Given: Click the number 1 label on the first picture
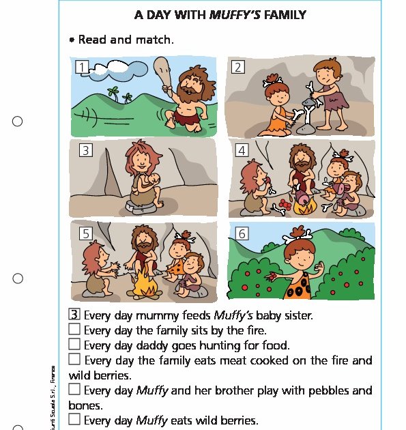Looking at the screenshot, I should tap(82, 67).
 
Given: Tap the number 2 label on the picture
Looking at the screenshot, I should tap(237, 67).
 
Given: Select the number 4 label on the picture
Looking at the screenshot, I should tap(242, 150).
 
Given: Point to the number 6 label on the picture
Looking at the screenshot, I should tap(242, 234).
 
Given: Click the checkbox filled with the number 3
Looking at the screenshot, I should tap(75, 315).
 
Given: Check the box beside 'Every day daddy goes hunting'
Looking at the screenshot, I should tap(75, 344).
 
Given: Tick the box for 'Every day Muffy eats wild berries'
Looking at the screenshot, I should tap(75, 419).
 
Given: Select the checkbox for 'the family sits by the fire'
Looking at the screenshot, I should tap(75, 330).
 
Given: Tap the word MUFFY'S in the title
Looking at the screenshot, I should tap(234, 14).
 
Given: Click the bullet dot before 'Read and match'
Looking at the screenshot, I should tap(72, 40).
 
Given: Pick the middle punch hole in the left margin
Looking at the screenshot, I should tap(18, 278).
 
